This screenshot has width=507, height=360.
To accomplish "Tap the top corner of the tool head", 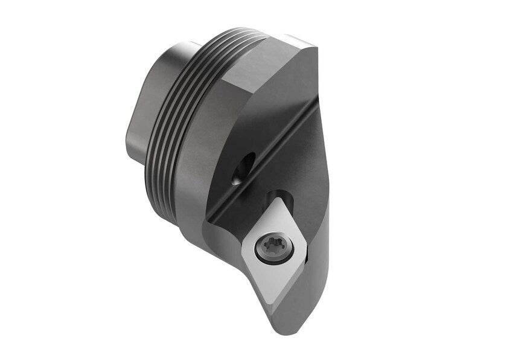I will tap(314, 46).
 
